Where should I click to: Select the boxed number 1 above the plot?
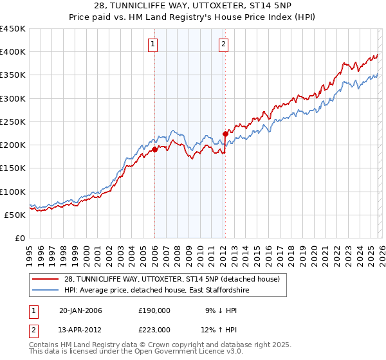click(153, 44)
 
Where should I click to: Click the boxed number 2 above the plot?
click(223, 44)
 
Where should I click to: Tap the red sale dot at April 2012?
click(225, 134)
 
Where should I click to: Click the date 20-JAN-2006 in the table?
click(80, 310)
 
